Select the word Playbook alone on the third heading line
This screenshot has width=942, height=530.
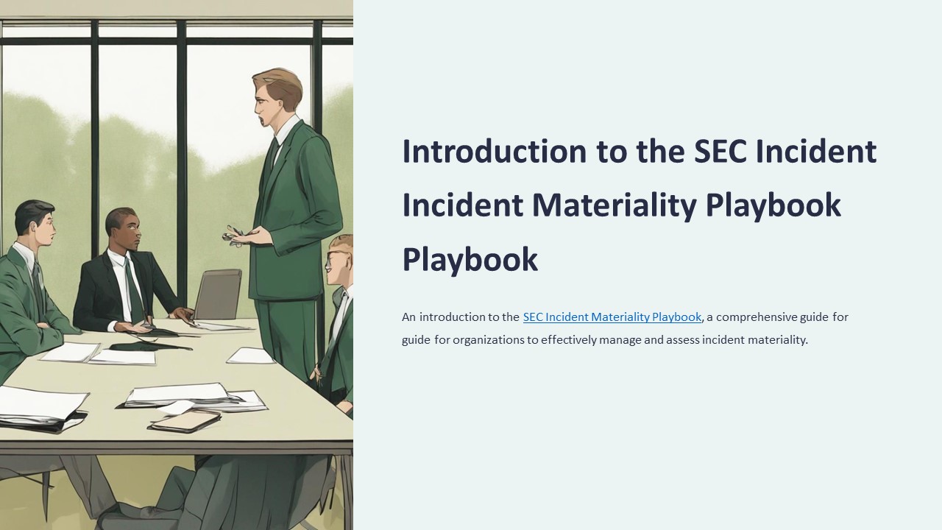[x=470, y=259]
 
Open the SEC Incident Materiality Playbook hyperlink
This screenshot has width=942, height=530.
[x=612, y=317]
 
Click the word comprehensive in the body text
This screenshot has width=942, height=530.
[x=771, y=317]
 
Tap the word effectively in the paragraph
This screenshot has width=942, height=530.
[x=570, y=340]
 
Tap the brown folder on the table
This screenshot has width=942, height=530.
[x=185, y=420]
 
